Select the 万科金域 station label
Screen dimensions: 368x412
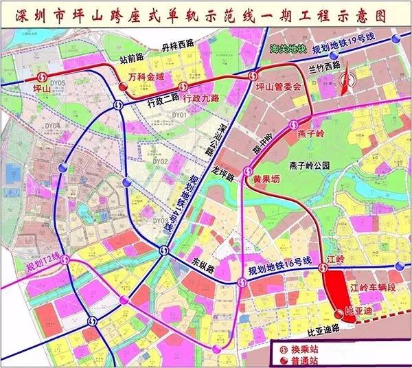(x=147, y=78)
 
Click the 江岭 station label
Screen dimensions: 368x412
(x=336, y=259)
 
